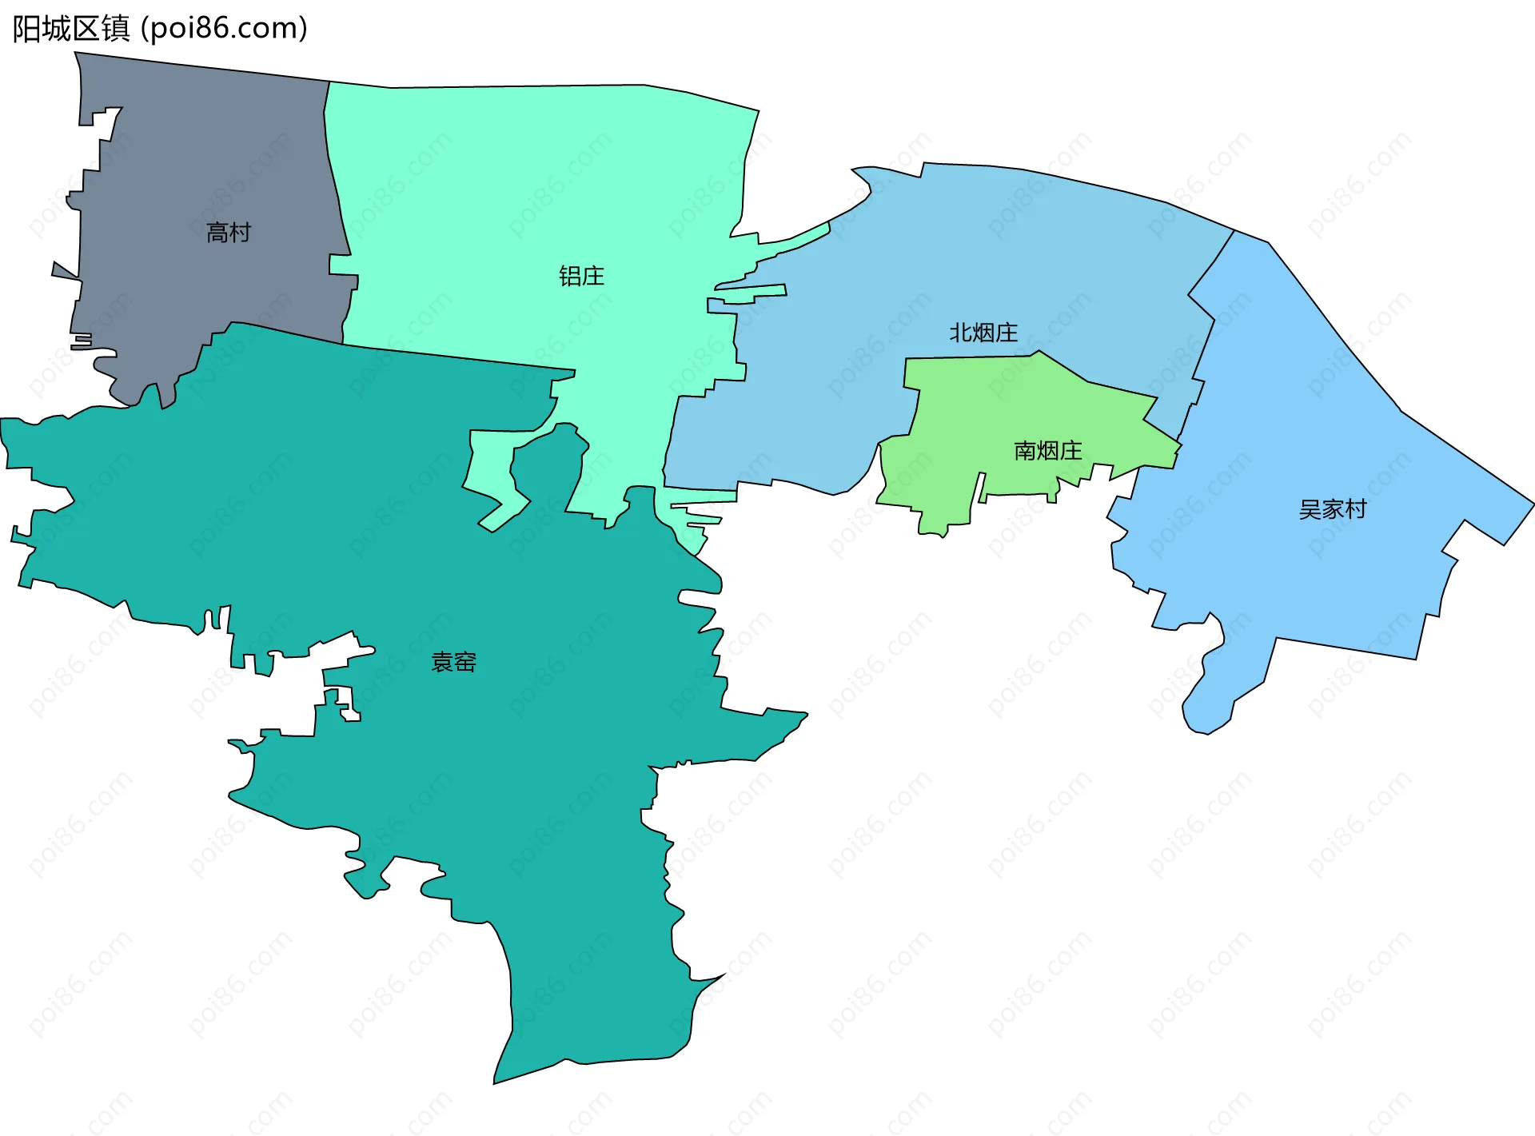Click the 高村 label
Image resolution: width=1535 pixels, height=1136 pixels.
point(229,233)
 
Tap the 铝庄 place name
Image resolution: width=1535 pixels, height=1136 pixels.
point(581,277)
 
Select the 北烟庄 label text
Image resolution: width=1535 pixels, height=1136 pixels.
point(983,333)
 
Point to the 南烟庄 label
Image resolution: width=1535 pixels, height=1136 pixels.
point(1047,451)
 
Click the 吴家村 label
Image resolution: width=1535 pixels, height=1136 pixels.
point(1333,509)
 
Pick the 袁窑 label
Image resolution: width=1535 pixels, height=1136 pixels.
point(453,662)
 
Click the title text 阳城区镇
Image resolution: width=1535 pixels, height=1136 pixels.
point(70,29)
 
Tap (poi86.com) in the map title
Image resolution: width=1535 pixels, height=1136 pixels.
point(224,29)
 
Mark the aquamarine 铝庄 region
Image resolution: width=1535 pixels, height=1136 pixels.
point(520,200)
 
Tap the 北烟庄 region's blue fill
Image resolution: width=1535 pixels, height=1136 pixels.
point(1039,256)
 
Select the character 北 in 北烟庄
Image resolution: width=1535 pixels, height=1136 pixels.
point(960,333)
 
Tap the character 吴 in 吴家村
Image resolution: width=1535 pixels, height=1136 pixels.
point(1310,509)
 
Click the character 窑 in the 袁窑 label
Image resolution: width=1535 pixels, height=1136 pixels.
point(464,662)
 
